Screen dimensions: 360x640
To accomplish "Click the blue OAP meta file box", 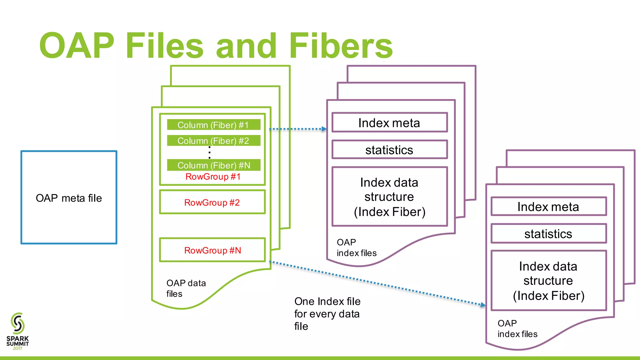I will click(69, 197).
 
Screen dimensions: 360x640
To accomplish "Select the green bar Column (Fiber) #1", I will click(213, 125).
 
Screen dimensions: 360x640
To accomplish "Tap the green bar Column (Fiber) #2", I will click(213, 141).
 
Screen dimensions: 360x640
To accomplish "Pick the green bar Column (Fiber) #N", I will click(213, 165).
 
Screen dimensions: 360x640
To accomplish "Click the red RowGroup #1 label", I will click(213, 177).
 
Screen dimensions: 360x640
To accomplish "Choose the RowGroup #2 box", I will click(212, 202).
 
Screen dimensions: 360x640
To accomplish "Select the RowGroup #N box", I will click(212, 250).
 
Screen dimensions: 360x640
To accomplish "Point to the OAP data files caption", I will click(186, 288).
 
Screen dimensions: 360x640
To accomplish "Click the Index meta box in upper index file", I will click(389, 123).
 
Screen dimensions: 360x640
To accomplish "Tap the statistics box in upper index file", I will click(389, 150).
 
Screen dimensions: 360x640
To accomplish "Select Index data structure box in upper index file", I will click(389, 197).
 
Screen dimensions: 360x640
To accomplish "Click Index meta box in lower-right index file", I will click(548, 207).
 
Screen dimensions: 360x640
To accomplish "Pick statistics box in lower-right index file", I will click(548, 234).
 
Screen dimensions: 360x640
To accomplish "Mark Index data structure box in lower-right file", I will click(548, 281).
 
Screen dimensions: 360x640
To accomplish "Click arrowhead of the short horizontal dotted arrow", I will click(324, 129).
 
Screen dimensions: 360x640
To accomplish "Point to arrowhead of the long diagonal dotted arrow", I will click(483, 305).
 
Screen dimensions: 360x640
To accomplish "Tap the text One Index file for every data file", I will click(327, 313).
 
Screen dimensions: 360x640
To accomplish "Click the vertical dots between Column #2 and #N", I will click(209, 152).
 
